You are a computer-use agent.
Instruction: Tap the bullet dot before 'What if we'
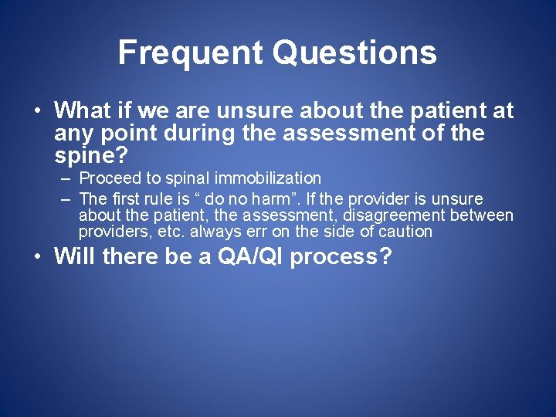tap(36, 110)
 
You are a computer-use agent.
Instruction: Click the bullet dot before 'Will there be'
tap(36, 256)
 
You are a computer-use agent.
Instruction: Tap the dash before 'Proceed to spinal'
tap(66, 179)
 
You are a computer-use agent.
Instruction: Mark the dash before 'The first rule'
tap(66, 199)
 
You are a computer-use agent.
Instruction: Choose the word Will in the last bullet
tap(75, 256)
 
